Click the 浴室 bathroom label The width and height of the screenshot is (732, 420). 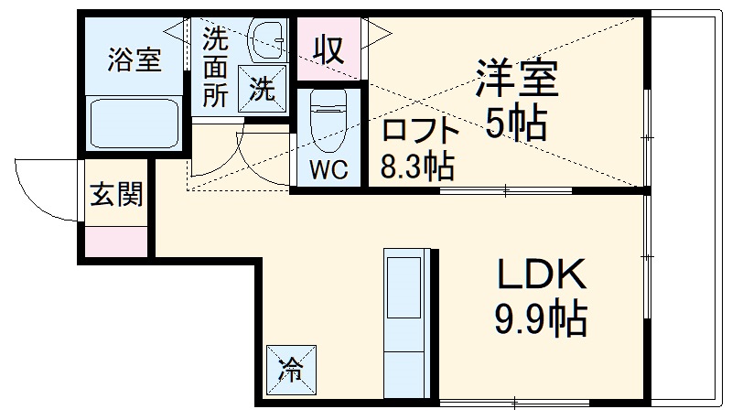[x=135, y=59]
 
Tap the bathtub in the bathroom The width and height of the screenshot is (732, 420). [x=135, y=123]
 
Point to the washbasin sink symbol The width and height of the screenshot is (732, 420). [x=267, y=38]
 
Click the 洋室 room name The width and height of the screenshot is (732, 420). [x=516, y=79]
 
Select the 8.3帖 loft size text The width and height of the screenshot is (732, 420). [x=417, y=167]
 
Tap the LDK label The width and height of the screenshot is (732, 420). [x=540, y=275]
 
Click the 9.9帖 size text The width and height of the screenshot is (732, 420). [x=540, y=319]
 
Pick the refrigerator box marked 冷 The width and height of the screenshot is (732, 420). [x=291, y=370]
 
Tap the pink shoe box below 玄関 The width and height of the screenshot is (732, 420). [x=116, y=240]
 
